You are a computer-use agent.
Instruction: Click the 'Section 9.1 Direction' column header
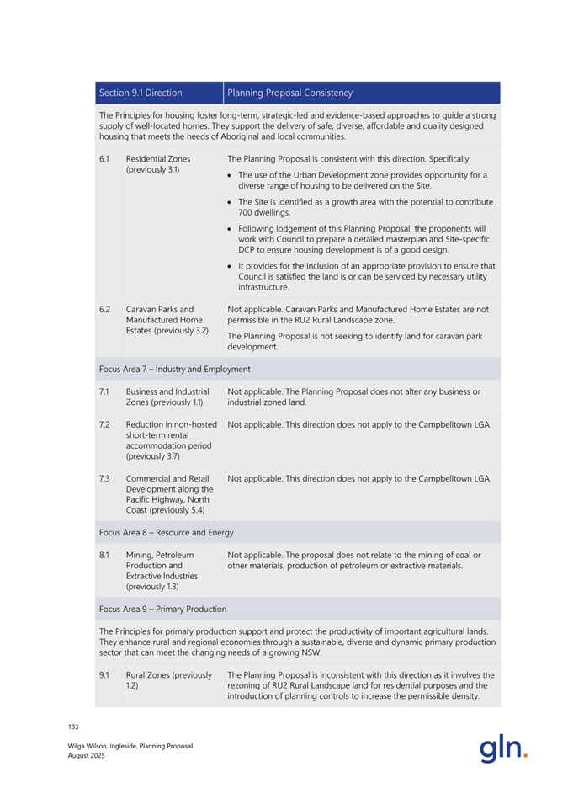coord(140,93)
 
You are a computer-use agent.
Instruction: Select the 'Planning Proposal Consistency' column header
coord(289,93)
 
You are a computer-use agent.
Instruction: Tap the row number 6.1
coord(104,158)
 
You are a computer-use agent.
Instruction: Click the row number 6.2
coord(104,309)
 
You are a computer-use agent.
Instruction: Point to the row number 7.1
coord(104,391)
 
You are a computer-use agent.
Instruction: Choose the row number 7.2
coord(104,424)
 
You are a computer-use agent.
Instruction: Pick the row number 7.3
coord(104,479)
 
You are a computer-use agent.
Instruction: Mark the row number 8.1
coord(104,555)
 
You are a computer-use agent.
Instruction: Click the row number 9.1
coord(104,674)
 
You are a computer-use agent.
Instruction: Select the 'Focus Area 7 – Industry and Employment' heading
coord(174,369)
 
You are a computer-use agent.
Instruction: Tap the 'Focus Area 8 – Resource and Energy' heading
coord(166,532)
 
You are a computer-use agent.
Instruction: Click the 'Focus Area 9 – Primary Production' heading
coord(162,608)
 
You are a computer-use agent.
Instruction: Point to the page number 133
coord(73,725)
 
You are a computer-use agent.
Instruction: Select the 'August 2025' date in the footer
coord(87,755)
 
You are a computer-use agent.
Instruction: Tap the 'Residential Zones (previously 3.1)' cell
coord(158,163)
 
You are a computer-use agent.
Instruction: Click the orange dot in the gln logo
coord(526,755)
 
